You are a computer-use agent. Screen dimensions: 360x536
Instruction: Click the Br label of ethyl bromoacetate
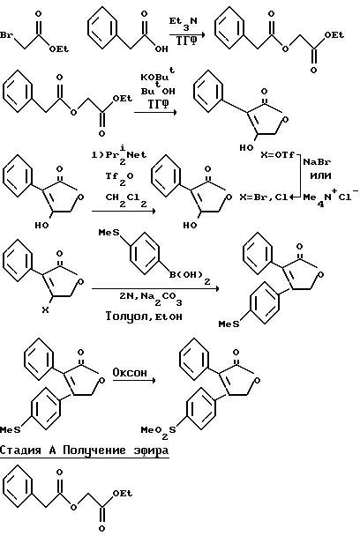click(6, 35)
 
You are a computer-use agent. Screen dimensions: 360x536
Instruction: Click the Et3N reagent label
click(184, 23)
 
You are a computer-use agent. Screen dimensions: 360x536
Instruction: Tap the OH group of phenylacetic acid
click(161, 48)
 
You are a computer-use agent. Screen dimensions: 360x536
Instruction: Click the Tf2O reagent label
click(119, 178)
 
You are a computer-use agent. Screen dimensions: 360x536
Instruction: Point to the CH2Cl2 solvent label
click(126, 199)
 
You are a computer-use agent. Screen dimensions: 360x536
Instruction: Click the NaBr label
click(317, 161)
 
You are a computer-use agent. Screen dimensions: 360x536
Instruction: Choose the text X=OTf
click(278, 155)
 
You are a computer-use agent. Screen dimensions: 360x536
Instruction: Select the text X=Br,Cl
click(264, 197)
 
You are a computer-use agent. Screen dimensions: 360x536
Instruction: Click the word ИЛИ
click(320, 176)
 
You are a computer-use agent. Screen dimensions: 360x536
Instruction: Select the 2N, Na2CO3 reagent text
click(151, 298)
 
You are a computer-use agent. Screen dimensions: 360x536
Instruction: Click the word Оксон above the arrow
click(130, 372)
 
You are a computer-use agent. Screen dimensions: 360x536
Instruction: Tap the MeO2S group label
click(159, 431)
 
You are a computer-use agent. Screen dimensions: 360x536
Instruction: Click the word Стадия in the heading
click(20, 450)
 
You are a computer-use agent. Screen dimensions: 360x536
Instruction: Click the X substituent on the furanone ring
click(45, 310)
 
